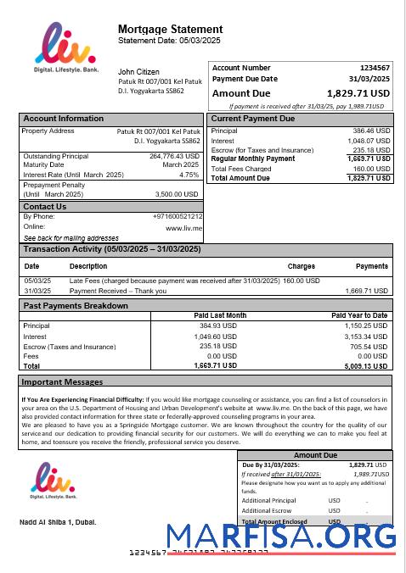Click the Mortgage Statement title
(x=170, y=30)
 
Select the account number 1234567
(x=375, y=67)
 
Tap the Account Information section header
(x=63, y=119)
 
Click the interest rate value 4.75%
(x=189, y=175)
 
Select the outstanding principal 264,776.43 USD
(x=174, y=156)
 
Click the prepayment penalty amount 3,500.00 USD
(x=179, y=193)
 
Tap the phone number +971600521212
(x=178, y=217)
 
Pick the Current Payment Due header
(x=252, y=119)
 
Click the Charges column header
(x=301, y=266)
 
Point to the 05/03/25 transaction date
(x=37, y=281)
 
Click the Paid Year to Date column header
(x=359, y=315)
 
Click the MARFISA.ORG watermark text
(x=281, y=537)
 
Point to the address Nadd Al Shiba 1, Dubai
(x=58, y=521)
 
